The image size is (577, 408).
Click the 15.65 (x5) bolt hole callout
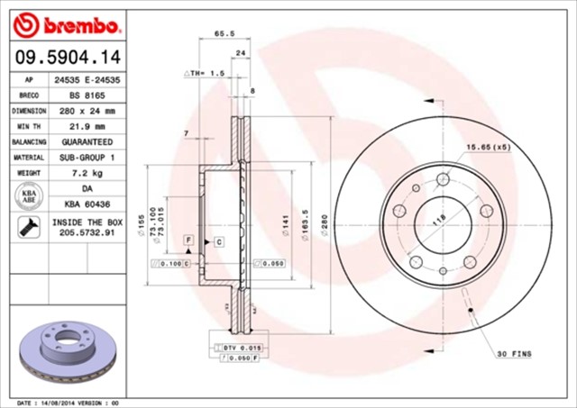point(488,147)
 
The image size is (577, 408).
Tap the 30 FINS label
point(514,354)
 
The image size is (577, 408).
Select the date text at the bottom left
point(69,402)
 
